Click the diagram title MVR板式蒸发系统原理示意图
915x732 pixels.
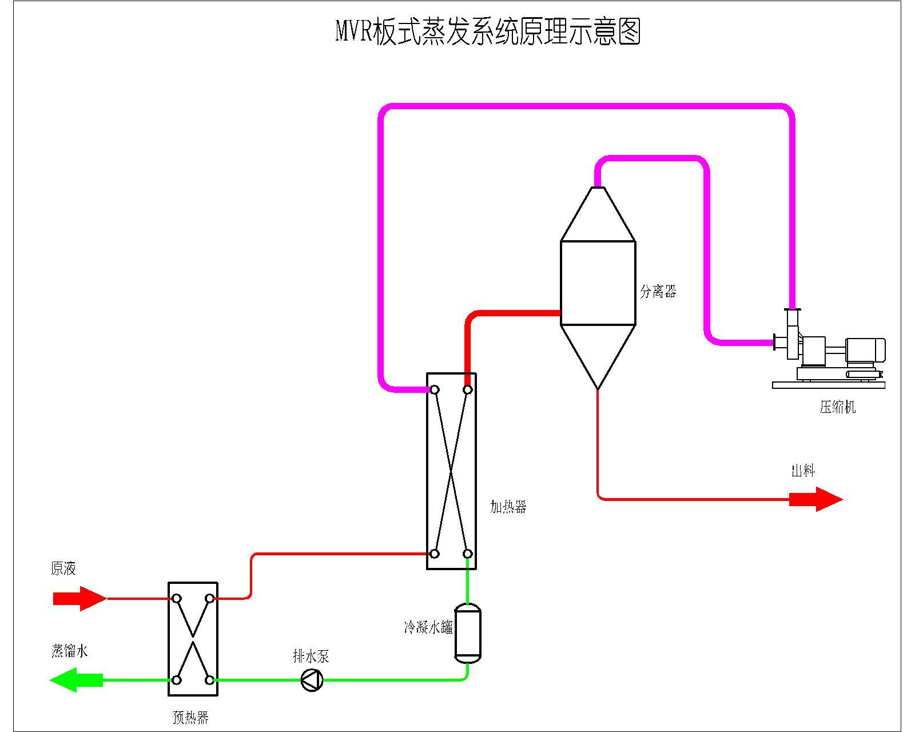tap(487, 31)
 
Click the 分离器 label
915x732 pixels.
tap(658, 292)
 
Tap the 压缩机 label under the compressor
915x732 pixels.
tap(837, 407)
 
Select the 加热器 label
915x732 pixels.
tap(508, 507)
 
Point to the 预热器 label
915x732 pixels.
tap(190, 717)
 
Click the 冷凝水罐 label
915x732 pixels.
tap(428, 627)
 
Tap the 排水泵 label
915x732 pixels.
tap(311, 656)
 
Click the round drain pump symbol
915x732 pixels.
tap(312, 680)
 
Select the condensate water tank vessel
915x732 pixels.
tap(468, 633)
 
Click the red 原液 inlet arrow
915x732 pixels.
tap(79, 599)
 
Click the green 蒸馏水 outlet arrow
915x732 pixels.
tap(77, 680)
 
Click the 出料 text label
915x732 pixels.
tap(803, 471)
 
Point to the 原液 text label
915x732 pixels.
tap(63, 568)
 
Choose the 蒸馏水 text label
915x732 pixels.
tap(69, 651)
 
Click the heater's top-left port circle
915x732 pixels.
tap(435, 390)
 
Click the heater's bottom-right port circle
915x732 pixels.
tap(467, 554)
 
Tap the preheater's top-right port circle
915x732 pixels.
tap(210, 599)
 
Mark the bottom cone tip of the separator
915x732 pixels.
tap(598, 389)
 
